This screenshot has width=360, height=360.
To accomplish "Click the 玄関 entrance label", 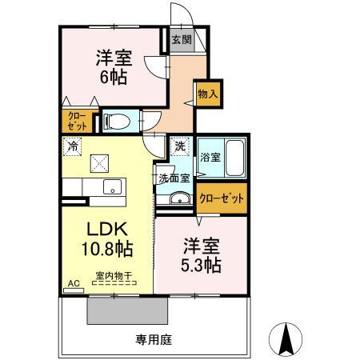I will [x=181, y=39].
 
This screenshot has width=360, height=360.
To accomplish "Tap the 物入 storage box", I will [x=207, y=94].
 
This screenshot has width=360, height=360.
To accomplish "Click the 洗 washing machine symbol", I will [x=180, y=147].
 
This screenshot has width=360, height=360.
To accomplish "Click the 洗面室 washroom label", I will [x=174, y=178].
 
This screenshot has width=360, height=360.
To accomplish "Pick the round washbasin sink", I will [x=181, y=200].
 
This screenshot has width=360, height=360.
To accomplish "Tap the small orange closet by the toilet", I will [x=76, y=122].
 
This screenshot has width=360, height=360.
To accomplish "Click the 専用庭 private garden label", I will [x=156, y=338].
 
